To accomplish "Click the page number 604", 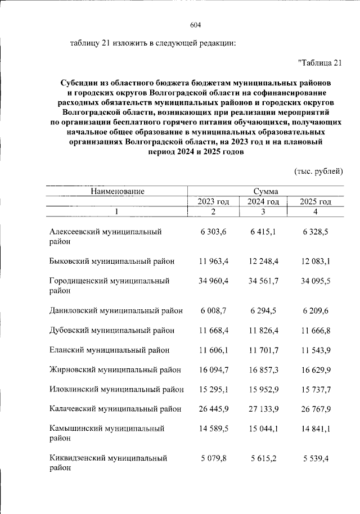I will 196,25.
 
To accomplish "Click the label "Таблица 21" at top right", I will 319,62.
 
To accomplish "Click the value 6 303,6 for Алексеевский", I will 213,232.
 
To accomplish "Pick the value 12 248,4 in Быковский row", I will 264,261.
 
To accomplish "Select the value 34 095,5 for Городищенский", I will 315,280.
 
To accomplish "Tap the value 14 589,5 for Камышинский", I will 213,428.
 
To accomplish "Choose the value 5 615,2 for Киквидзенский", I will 264,458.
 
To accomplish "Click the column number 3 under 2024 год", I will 264,211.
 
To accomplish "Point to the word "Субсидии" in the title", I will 79,82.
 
